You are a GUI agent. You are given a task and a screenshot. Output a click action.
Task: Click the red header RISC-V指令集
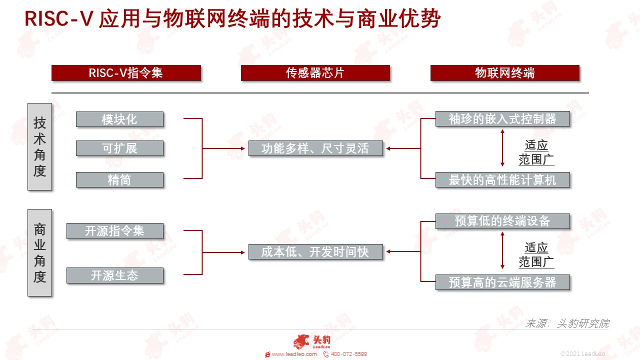pyautogui.click(x=126, y=73)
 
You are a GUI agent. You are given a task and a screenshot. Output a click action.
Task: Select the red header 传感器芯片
pyautogui.click(x=315, y=73)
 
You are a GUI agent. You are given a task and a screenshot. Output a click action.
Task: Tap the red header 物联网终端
pyautogui.click(x=505, y=73)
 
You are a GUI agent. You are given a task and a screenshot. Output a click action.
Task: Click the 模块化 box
pyautogui.click(x=119, y=119)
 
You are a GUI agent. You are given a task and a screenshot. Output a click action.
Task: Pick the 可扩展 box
pyautogui.click(x=119, y=148)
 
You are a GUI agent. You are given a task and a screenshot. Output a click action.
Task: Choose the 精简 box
pyautogui.click(x=119, y=179)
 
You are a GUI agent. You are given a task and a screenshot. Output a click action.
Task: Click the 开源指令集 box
pyautogui.click(x=115, y=231)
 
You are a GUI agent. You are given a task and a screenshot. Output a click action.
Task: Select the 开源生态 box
pyautogui.click(x=115, y=275)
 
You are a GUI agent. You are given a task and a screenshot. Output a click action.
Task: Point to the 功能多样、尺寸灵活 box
pyautogui.click(x=315, y=148)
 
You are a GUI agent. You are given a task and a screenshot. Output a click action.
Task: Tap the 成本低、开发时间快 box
pyautogui.click(x=315, y=251)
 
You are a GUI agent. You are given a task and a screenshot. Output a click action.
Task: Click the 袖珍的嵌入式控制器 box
pyautogui.click(x=502, y=119)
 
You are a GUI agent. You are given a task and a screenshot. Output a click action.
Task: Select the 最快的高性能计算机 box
pyautogui.click(x=502, y=179)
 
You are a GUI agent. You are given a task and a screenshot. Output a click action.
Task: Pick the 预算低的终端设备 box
pyautogui.click(x=502, y=221)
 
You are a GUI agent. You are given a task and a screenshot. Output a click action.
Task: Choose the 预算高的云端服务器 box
pyautogui.click(x=502, y=282)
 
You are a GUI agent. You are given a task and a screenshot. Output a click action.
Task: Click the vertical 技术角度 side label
pyautogui.click(x=39, y=147)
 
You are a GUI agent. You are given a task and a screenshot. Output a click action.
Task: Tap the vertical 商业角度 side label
pyautogui.click(x=39, y=253)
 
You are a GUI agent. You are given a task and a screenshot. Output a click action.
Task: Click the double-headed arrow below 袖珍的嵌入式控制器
pyautogui.click(x=502, y=148)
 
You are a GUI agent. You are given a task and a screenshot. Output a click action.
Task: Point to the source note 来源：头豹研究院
pyautogui.click(x=567, y=323)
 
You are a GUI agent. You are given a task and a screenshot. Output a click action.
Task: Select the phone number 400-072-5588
pyautogui.click(x=349, y=354)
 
